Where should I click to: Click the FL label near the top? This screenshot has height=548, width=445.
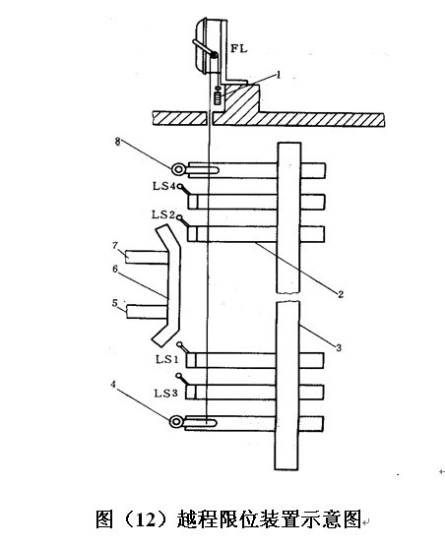click(238, 48)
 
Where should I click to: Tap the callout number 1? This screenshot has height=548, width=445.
click(279, 75)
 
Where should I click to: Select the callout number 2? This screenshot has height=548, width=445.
click(340, 294)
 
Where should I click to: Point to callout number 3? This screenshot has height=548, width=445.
click(338, 347)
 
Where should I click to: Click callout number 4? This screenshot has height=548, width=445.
click(113, 385)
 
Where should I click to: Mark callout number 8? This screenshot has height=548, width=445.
click(117, 142)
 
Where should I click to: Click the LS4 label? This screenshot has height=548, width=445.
click(163, 186)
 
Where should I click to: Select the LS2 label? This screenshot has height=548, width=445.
click(163, 214)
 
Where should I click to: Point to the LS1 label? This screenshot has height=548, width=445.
click(167, 359)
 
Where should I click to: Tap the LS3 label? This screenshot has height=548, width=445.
click(165, 394)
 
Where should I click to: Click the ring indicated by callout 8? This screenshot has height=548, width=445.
click(178, 170)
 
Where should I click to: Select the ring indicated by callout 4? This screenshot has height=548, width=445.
click(176, 422)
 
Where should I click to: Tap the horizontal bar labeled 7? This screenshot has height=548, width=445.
click(147, 257)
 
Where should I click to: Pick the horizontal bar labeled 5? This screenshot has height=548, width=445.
click(147, 311)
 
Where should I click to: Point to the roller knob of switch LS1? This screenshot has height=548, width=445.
click(180, 344)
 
